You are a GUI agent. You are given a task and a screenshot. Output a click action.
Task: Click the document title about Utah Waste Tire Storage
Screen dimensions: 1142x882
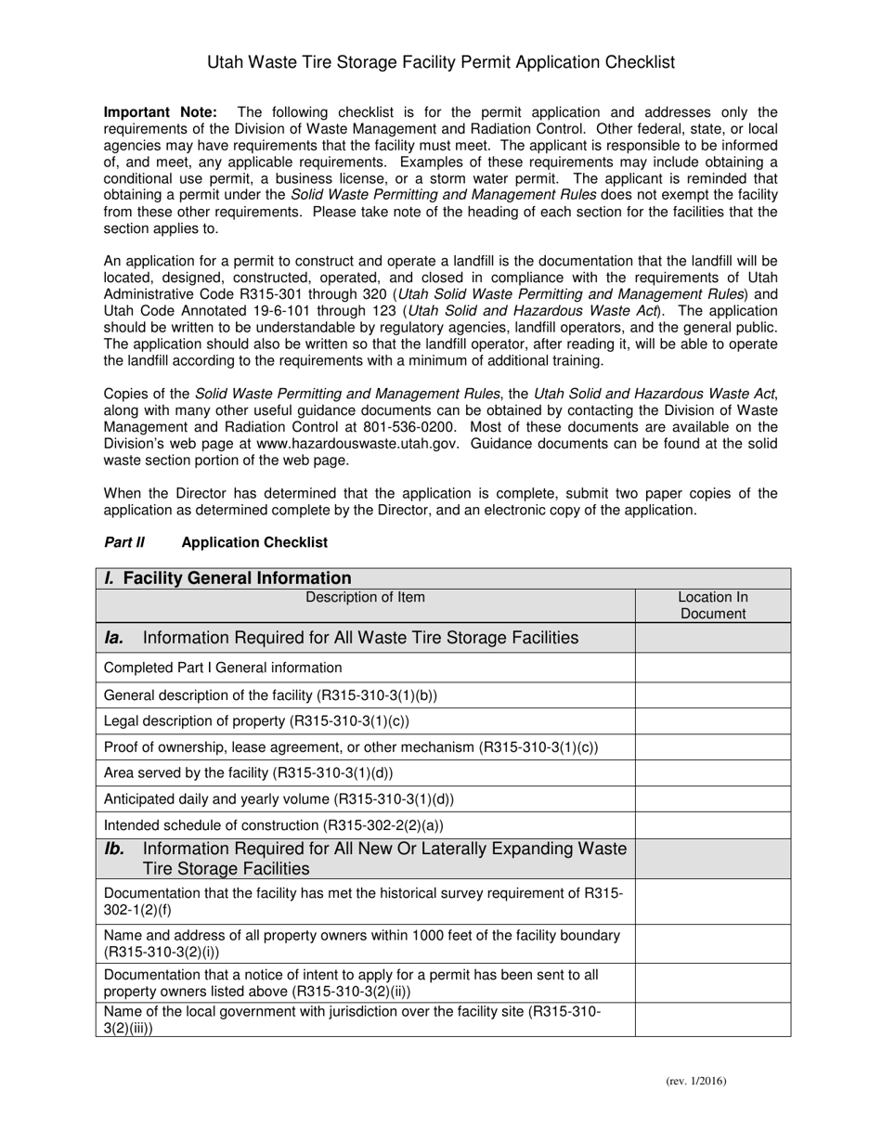(x=440, y=62)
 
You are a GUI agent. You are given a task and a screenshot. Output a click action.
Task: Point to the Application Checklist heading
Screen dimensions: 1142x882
(x=254, y=542)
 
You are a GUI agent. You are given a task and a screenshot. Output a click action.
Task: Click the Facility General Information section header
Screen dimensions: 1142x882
(x=228, y=578)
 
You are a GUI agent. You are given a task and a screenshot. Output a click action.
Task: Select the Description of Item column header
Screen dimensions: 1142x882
(x=366, y=597)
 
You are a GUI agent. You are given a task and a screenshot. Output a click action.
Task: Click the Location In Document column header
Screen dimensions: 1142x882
(x=712, y=605)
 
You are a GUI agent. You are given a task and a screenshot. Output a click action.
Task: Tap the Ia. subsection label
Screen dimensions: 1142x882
(x=114, y=638)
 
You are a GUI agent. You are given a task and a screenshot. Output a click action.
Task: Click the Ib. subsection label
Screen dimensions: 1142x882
(x=114, y=849)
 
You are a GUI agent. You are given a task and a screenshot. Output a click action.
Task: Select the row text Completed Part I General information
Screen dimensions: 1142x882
(x=223, y=668)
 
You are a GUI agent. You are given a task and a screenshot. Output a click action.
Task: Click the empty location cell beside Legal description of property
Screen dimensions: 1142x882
(x=712, y=720)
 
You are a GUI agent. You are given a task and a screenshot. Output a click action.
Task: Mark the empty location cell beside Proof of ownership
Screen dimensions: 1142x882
(x=712, y=746)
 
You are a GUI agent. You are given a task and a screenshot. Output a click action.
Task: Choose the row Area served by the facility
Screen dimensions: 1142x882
(x=248, y=772)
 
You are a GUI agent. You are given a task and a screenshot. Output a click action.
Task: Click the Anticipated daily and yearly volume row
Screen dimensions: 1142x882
(x=279, y=798)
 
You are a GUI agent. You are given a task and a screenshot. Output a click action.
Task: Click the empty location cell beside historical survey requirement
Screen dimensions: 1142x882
(x=712, y=901)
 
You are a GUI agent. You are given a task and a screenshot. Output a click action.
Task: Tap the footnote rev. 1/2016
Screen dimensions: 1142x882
(x=695, y=1081)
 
